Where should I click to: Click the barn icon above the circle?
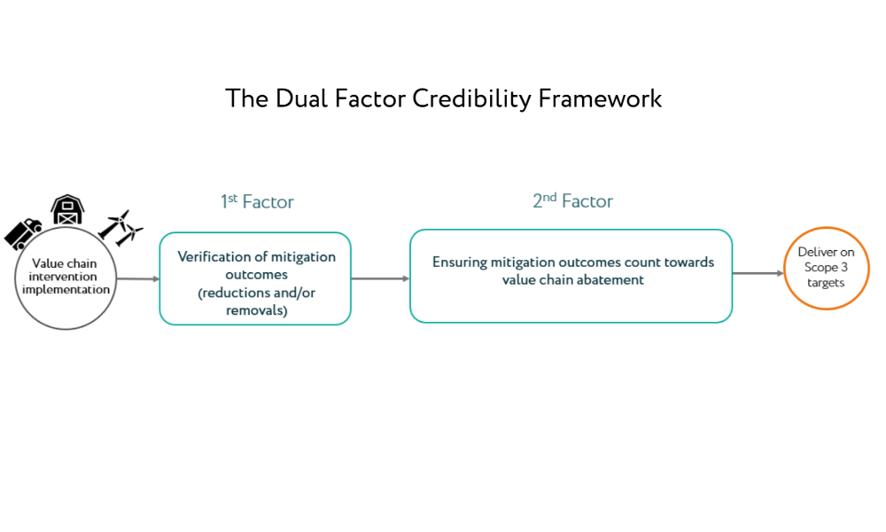point(67,210)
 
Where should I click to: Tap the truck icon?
point(23,234)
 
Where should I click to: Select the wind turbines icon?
point(120,228)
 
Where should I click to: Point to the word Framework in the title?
point(600,99)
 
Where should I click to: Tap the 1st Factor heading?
point(257,202)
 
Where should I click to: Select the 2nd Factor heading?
point(573,200)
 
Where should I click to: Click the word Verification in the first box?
point(214,256)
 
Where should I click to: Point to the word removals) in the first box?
point(257,309)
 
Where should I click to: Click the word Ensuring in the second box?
point(459,262)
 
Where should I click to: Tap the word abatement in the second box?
point(612,279)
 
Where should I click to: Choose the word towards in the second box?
point(688,262)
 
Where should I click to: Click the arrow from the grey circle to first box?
point(138,278)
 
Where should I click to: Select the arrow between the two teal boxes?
point(380,278)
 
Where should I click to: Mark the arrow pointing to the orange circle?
point(758,273)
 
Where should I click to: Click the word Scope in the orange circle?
point(820,267)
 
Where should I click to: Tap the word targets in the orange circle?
point(826,283)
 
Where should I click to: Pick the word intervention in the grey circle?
point(63,277)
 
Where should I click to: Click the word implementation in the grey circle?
point(66,289)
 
